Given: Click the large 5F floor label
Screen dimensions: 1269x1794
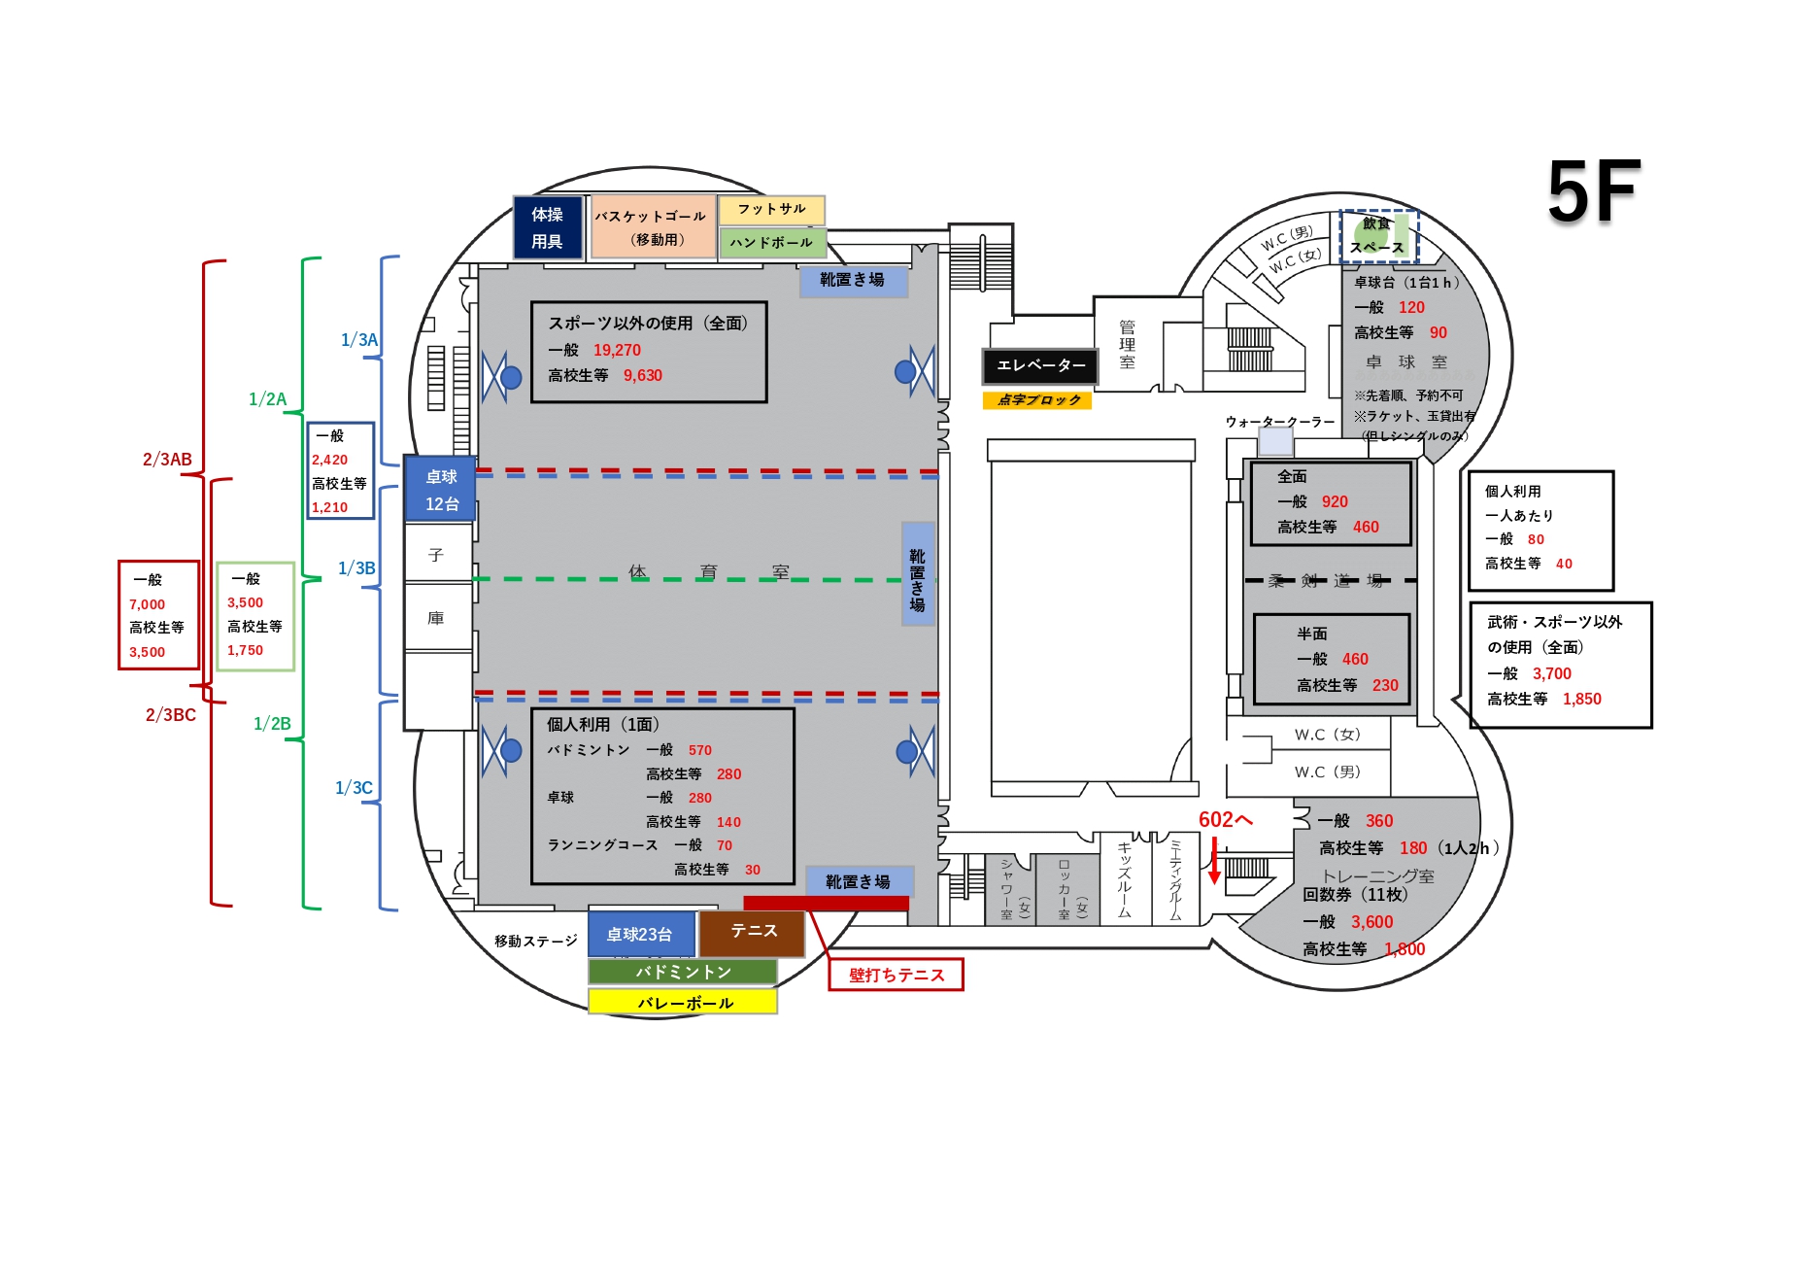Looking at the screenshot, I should [1593, 191].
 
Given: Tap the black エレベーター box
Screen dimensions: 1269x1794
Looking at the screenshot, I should [1040, 365].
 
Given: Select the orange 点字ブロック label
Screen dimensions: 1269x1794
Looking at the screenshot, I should [1037, 400].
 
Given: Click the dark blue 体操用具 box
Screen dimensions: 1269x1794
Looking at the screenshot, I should [548, 228].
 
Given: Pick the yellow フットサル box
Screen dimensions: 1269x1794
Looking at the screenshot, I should [771, 209].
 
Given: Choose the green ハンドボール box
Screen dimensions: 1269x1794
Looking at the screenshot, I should [771, 243].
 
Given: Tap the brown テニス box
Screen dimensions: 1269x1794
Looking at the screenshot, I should [753, 932].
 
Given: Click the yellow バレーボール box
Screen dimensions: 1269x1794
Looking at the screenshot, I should [683, 1003].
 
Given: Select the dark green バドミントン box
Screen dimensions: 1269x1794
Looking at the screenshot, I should [683, 972].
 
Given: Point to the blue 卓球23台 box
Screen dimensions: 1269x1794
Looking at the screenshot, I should [640, 935].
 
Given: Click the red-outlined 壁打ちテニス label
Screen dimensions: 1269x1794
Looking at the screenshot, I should [896, 975].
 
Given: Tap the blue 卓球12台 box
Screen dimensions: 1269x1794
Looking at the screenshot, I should [441, 491].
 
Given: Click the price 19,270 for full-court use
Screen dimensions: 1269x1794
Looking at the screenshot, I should [617, 351].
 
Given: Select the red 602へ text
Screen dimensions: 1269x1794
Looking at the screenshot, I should [1225, 820].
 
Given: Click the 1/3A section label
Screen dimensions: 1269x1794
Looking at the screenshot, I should [358, 340].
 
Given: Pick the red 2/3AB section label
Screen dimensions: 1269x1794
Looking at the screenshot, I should [167, 460].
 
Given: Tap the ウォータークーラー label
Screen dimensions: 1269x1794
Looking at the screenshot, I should [1279, 423].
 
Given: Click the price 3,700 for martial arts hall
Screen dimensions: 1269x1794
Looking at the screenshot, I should [1551, 674].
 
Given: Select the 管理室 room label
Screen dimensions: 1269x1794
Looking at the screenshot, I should [1127, 344].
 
